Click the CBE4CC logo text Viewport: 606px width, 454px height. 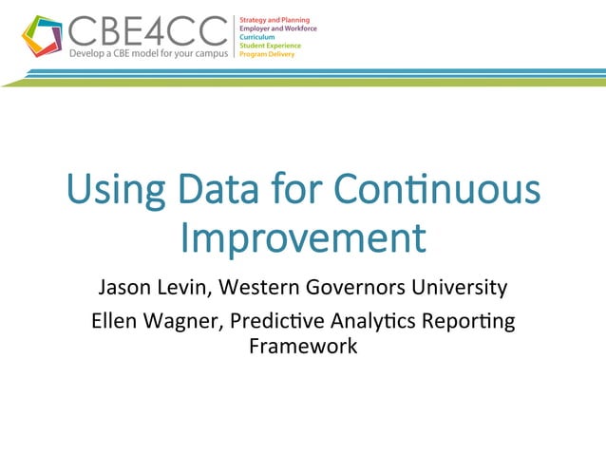146,31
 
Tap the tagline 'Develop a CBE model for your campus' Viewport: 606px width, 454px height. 148,54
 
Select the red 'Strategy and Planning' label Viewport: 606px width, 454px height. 275,20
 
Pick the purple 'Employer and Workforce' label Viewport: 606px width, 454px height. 277,28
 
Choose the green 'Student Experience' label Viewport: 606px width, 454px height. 270,46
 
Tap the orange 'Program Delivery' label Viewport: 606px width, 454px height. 267,54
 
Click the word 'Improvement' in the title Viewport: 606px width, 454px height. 303,238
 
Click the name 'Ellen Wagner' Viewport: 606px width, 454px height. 145,322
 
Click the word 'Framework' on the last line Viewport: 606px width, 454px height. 303,346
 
